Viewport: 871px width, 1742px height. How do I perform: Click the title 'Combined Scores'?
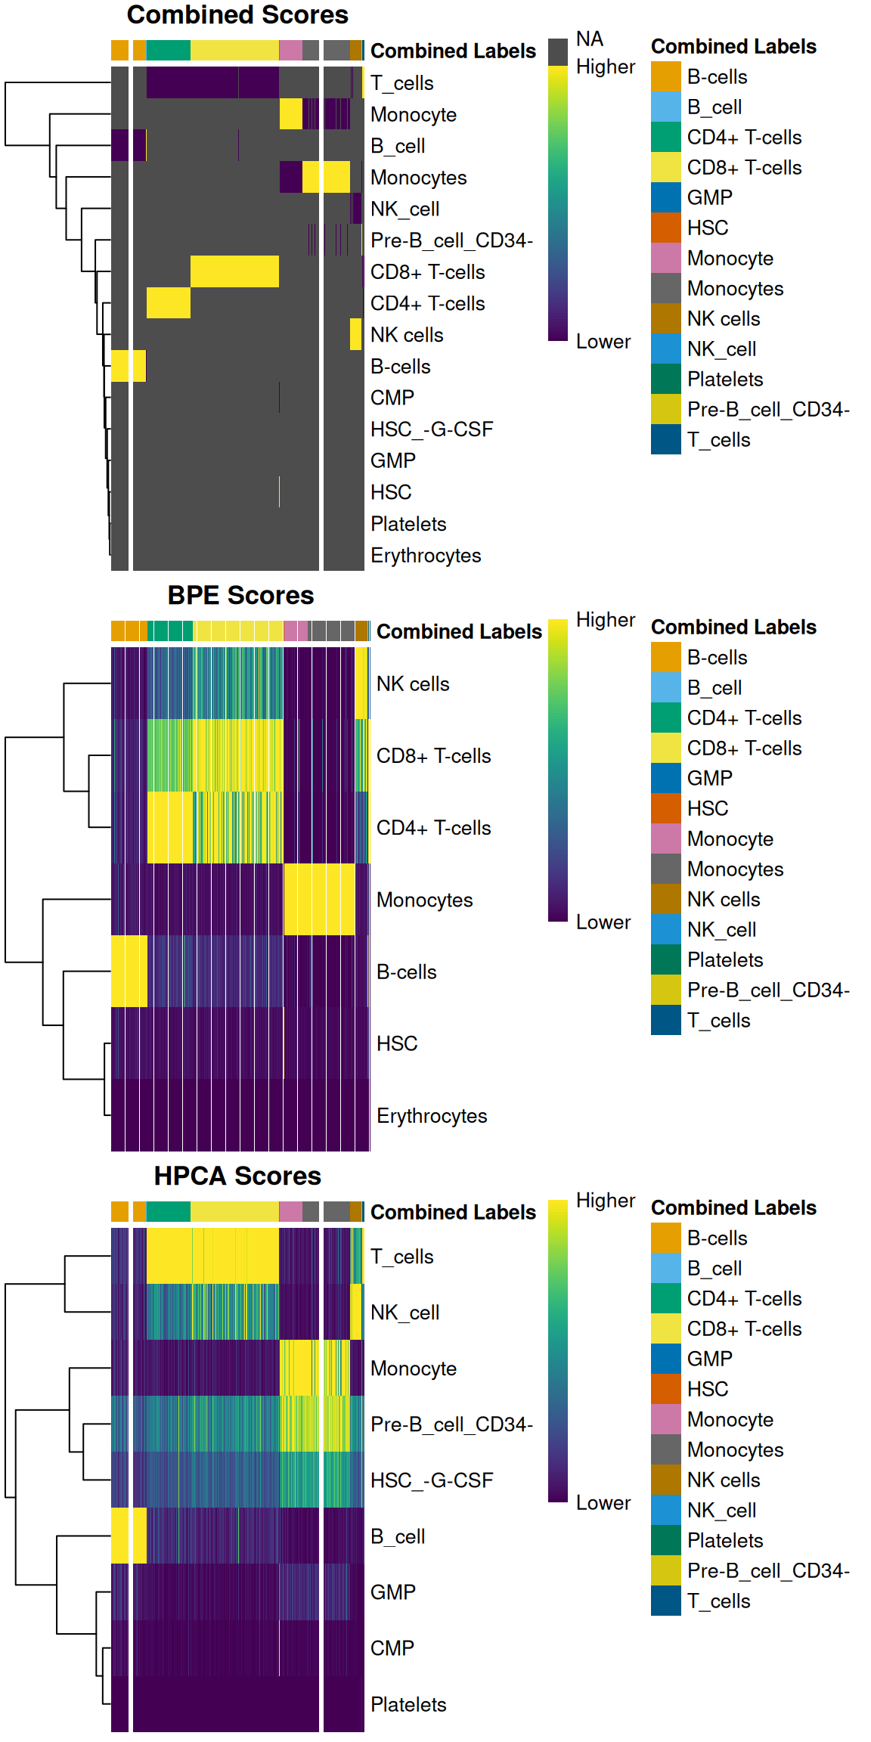[237, 15]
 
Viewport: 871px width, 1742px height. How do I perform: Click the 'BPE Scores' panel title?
[240, 596]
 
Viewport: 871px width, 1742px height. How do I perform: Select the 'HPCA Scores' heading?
[237, 1176]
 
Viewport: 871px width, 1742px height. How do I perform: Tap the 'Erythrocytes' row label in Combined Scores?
[425, 556]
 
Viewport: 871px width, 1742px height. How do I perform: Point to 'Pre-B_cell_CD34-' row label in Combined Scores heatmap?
[451, 240]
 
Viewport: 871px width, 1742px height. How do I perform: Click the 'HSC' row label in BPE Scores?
[397, 1044]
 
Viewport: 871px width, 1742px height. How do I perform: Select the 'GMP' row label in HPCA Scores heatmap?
[392, 1592]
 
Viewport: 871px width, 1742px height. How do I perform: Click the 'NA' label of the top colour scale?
[589, 39]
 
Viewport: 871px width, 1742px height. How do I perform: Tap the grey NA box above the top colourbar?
[558, 52]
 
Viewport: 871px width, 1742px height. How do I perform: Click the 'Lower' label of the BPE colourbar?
[603, 922]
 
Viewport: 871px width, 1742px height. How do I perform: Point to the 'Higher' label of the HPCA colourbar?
[605, 1201]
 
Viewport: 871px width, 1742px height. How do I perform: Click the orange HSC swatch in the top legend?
[665, 228]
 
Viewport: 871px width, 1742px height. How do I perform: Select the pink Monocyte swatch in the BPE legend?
[665, 838]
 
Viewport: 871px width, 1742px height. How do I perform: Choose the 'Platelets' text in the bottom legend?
[724, 1541]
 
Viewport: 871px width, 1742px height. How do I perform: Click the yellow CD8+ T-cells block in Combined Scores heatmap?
[234, 271]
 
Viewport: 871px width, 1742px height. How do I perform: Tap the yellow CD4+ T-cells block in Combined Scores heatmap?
[168, 302]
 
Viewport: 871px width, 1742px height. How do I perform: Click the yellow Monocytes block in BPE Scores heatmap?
[319, 899]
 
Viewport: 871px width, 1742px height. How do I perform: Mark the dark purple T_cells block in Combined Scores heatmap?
[212, 82]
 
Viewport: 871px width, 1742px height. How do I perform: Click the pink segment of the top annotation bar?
[290, 51]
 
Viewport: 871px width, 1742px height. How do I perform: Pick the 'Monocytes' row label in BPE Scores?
[424, 900]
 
